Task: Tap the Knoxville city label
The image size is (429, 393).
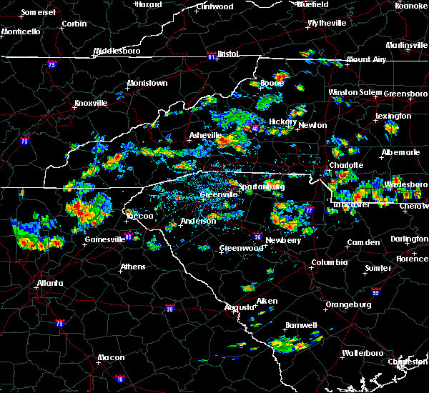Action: (90, 103)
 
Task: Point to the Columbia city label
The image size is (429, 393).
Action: (329, 262)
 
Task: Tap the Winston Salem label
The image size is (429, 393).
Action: (355, 93)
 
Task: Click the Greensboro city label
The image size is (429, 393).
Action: (405, 94)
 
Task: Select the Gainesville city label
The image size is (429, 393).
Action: (105, 239)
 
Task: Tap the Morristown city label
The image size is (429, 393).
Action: (147, 83)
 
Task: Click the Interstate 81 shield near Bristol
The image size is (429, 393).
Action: (212, 54)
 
